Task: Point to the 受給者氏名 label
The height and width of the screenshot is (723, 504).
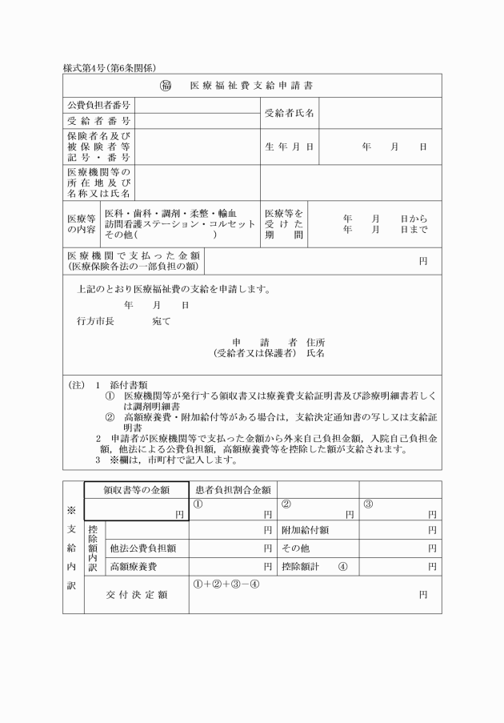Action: [289, 113]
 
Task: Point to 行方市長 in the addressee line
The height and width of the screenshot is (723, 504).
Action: [95, 321]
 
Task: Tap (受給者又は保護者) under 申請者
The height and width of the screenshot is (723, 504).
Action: [255, 352]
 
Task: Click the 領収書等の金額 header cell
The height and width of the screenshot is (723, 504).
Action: [135, 489]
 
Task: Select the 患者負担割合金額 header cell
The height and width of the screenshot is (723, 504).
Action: [233, 489]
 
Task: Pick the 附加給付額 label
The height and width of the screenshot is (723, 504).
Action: [306, 530]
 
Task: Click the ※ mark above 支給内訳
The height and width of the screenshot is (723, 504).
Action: [73, 507]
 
